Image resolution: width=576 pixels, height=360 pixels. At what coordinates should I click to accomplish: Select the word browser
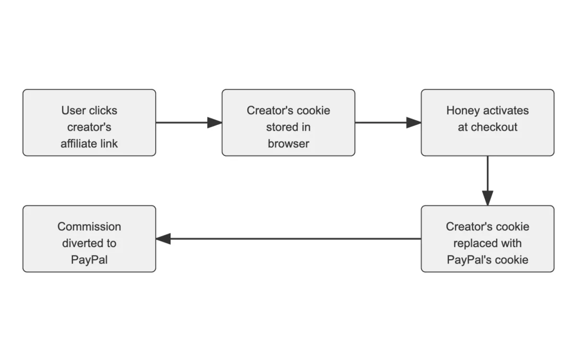click(288, 143)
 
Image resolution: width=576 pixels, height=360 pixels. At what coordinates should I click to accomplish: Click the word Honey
click(462, 110)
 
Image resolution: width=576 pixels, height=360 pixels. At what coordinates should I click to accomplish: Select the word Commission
click(89, 227)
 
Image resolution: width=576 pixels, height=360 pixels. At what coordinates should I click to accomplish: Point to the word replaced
click(473, 243)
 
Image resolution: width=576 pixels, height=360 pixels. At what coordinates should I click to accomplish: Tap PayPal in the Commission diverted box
click(89, 260)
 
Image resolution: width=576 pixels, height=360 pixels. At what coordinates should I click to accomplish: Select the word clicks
click(103, 110)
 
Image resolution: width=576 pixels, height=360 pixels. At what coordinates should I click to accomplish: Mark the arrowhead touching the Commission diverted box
click(163, 239)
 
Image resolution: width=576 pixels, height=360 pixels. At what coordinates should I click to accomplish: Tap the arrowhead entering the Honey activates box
click(414, 122)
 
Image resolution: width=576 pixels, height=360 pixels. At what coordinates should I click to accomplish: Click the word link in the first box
click(109, 143)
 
